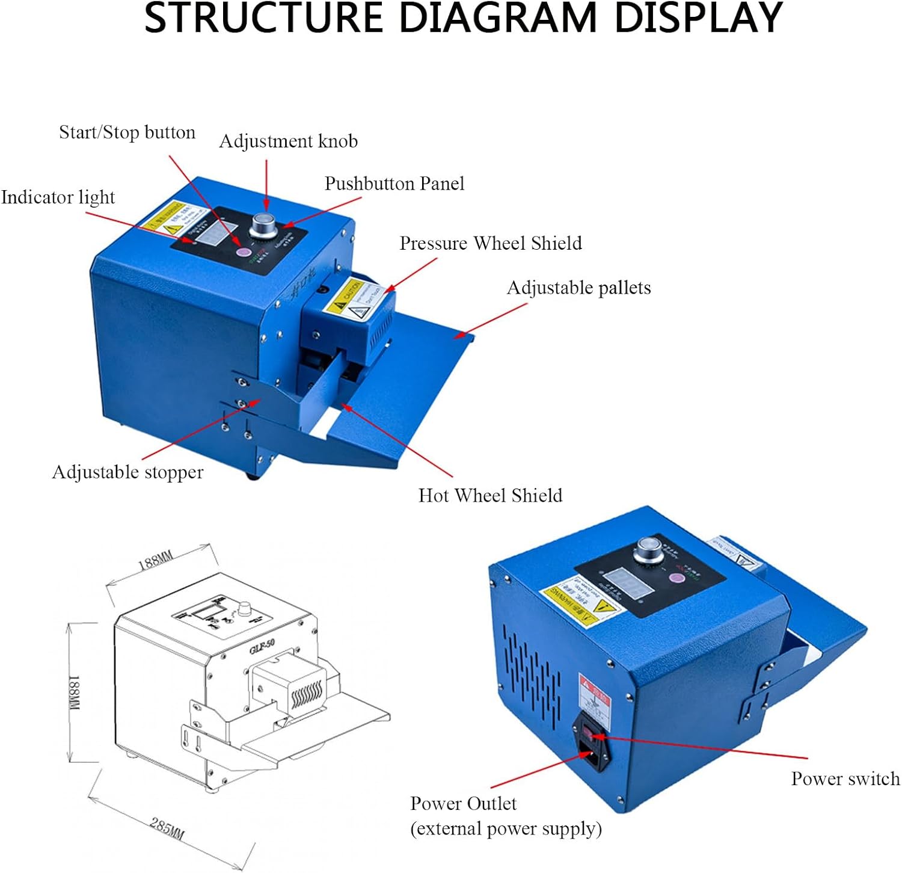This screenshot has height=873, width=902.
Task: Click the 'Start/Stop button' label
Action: (127, 132)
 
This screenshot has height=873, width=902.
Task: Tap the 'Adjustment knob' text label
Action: (288, 141)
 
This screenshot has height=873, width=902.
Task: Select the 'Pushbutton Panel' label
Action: (394, 184)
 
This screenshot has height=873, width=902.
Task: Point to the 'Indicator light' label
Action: (58, 197)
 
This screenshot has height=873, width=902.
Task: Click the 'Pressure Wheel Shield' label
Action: (491, 243)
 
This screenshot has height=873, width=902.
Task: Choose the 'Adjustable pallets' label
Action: (578, 288)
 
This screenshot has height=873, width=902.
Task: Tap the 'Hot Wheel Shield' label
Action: (490, 495)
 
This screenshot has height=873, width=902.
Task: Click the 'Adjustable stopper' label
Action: (127, 472)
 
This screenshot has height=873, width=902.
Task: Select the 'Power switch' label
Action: (845, 779)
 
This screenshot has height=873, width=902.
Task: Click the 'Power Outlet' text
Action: (463, 804)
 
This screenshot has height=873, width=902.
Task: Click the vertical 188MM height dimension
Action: (75, 693)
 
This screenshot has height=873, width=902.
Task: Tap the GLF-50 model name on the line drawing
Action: (262, 646)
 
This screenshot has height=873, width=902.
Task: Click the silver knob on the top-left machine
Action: (263, 224)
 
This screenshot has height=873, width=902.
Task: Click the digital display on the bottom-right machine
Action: (626, 581)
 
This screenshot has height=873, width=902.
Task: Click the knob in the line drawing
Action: (245, 609)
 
